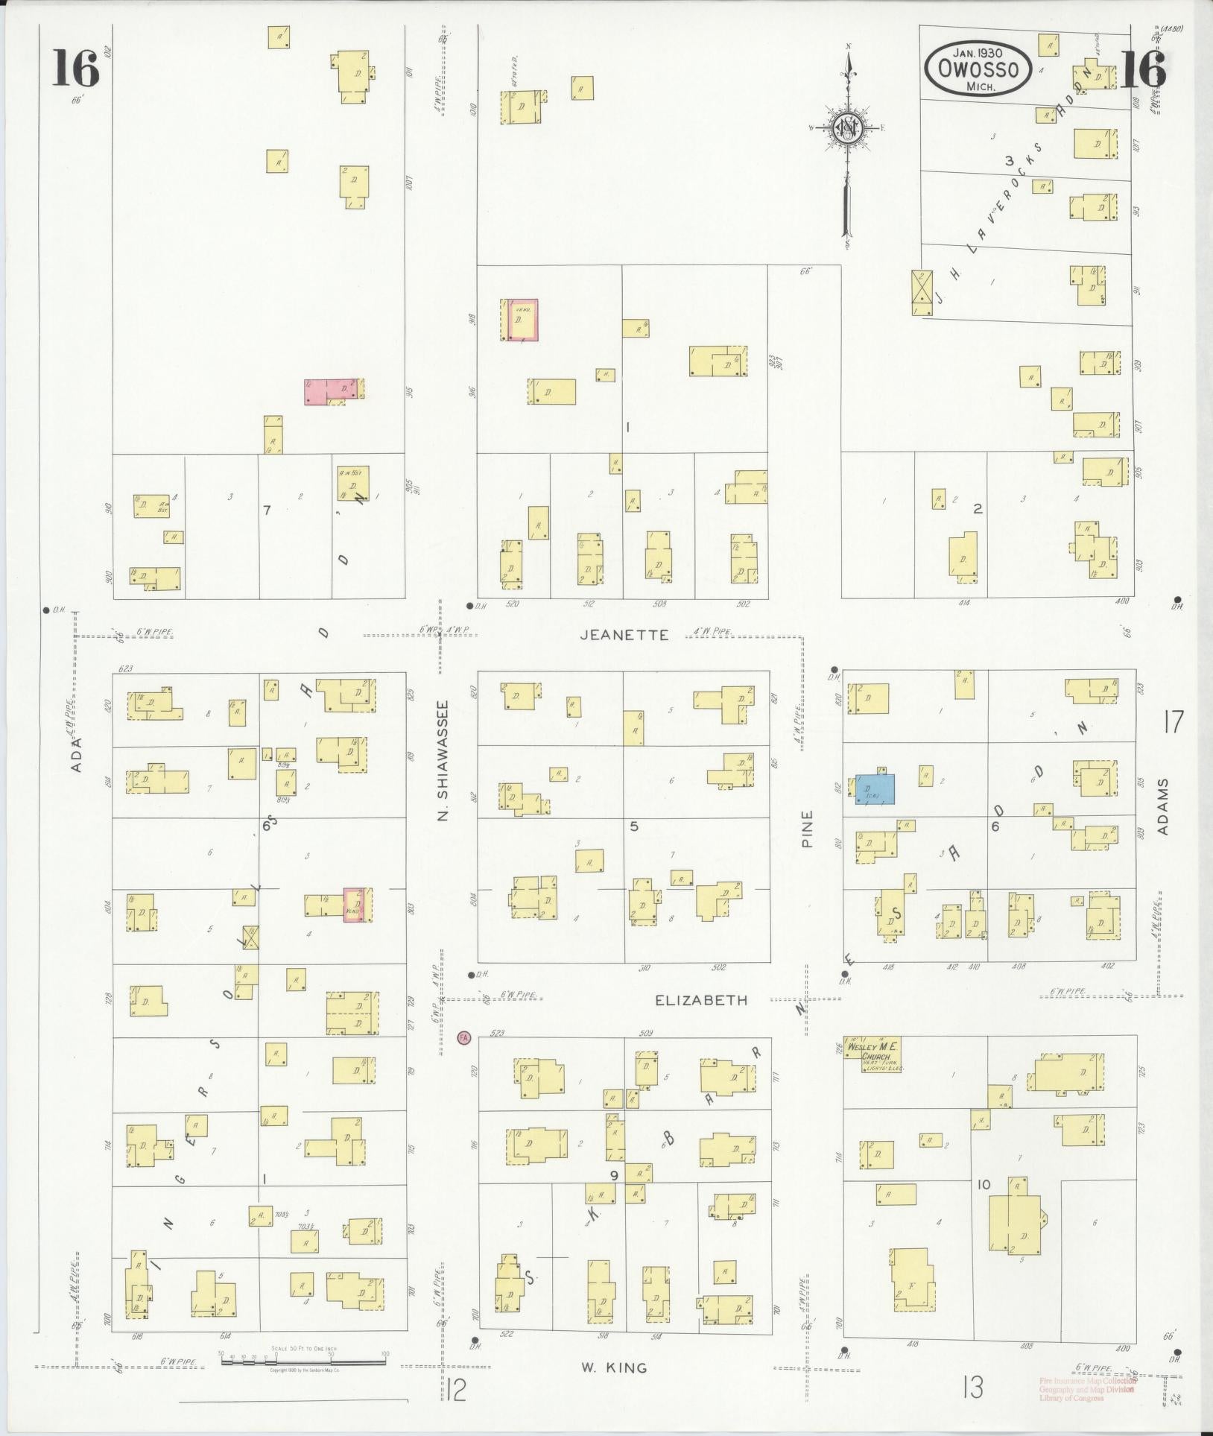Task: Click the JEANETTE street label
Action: point(624,634)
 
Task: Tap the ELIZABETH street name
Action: point(700,1000)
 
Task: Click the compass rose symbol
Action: point(847,128)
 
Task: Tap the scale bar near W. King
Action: point(303,1360)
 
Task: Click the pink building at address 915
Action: point(335,390)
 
